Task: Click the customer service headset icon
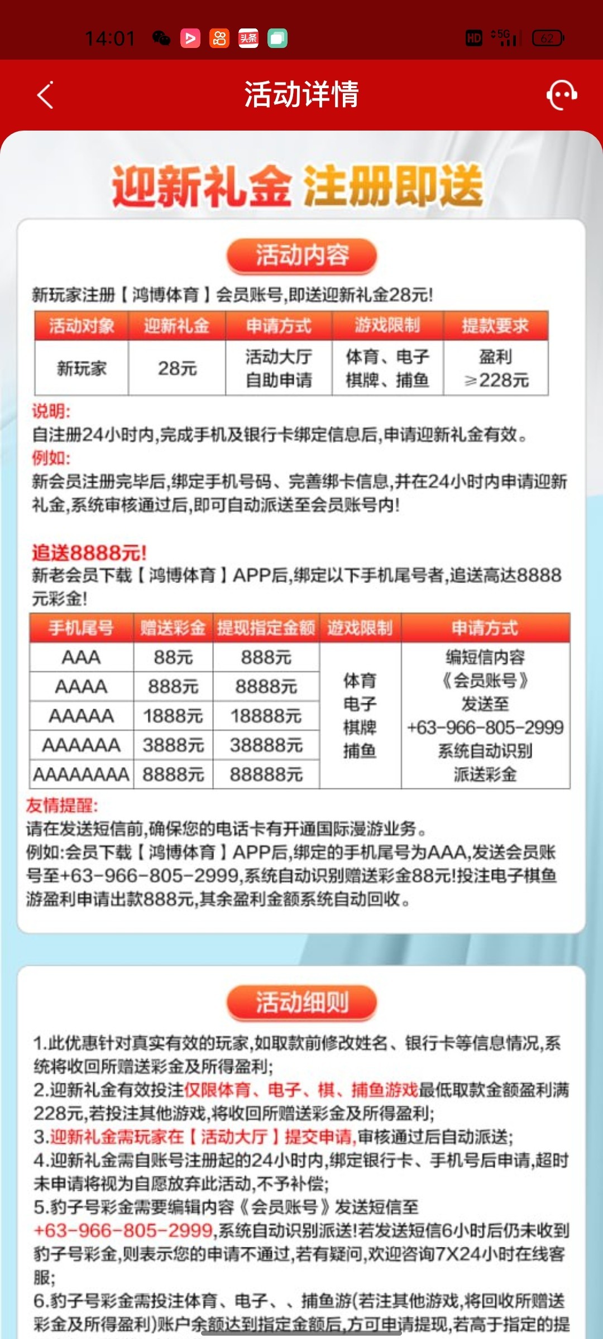click(x=561, y=95)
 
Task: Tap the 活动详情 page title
click(x=301, y=94)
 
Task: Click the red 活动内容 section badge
click(x=301, y=256)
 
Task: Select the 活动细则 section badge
click(x=301, y=1002)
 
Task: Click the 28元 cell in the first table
click(x=177, y=368)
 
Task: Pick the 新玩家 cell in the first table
click(x=82, y=368)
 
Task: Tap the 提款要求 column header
click(x=495, y=326)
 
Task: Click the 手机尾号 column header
click(x=82, y=628)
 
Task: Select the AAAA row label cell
click(x=82, y=686)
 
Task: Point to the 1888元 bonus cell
click(x=173, y=716)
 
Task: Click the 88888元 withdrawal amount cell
click(x=266, y=774)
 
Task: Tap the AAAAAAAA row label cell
click(x=82, y=774)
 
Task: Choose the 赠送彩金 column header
click(x=173, y=628)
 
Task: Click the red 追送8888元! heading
click(x=89, y=553)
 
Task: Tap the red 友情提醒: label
click(x=62, y=805)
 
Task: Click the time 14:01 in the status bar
click(x=110, y=38)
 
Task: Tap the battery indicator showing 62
click(x=548, y=38)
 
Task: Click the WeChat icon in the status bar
click(x=161, y=38)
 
